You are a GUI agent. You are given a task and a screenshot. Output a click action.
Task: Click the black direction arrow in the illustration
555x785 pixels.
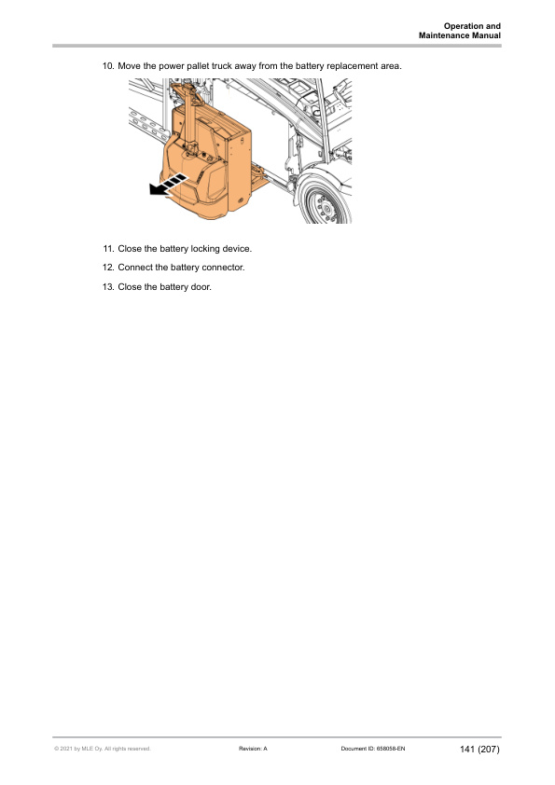[165, 186]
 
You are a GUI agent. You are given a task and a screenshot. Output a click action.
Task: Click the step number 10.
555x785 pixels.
[107, 67]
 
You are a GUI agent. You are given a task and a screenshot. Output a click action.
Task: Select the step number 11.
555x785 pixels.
[108, 249]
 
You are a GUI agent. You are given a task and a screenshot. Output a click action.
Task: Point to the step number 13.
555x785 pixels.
[107, 286]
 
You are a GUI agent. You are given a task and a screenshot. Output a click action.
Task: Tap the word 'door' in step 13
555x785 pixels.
[201, 286]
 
